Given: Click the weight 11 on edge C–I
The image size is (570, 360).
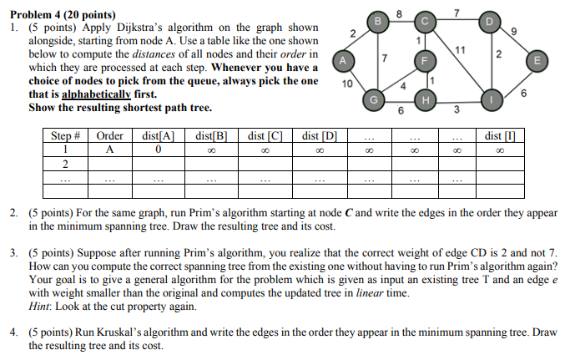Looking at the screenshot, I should (x=460, y=49).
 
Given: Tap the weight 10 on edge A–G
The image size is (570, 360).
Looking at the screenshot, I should (x=348, y=84).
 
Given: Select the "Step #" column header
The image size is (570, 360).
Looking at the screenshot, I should (x=65, y=134).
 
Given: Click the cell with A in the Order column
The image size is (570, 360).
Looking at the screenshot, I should (x=109, y=150).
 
